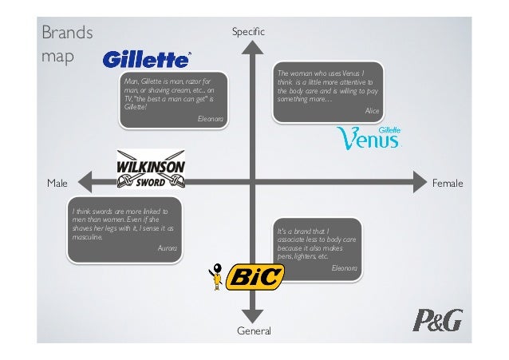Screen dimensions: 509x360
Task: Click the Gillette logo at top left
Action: (x=147, y=60)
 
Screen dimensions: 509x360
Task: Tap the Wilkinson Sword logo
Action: (x=152, y=170)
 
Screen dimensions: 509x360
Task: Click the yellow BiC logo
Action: (x=255, y=277)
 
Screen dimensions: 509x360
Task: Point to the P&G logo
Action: (x=436, y=321)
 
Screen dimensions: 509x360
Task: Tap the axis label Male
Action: (x=57, y=184)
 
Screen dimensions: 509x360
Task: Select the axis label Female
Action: (x=447, y=184)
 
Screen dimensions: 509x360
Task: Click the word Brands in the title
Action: (x=66, y=34)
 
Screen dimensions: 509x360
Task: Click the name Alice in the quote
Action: (x=372, y=110)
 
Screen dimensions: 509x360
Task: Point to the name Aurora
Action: (x=168, y=249)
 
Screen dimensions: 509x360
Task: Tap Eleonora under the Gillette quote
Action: (x=210, y=118)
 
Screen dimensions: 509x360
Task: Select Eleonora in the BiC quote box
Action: (x=345, y=267)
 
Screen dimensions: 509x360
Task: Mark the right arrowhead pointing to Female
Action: (x=419, y=182)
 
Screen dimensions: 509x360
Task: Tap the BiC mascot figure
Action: (x=214, y=276)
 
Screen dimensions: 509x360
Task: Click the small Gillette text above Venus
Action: (x=389, y=129)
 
